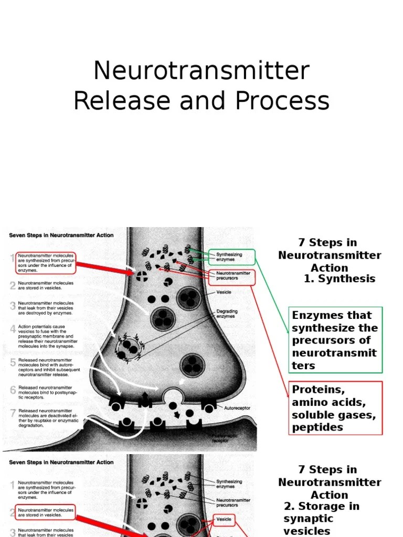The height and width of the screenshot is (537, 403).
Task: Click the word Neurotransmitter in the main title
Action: pos(201,71)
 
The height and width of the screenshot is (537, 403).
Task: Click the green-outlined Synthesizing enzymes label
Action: pos(231,257)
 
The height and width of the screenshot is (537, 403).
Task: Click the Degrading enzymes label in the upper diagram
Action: pos(227,314)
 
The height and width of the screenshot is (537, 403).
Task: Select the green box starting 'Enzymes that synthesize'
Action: pos(336,340)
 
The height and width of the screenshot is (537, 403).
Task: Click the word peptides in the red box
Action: pos(317,427)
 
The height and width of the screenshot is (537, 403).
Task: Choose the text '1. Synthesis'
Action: pos(340,279)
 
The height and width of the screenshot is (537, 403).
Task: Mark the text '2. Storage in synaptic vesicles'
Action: pos(321,519)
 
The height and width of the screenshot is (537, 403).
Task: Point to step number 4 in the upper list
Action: pos(13,329)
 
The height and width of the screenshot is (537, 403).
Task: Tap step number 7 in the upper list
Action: pos(13,413)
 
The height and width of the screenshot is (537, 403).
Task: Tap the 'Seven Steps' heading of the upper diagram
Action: pos(61,235)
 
